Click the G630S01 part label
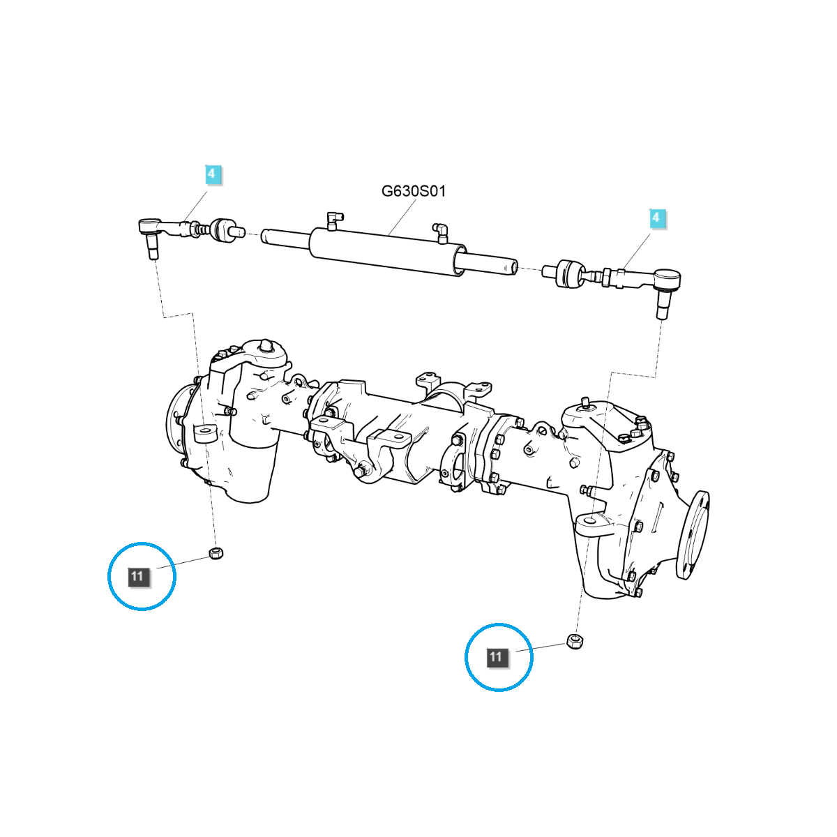413,191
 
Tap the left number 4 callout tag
213,175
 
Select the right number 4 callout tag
656,218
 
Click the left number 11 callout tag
137,576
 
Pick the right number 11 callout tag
496,657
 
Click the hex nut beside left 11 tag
216,555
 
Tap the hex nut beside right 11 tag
575,641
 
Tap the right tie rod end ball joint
668,280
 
